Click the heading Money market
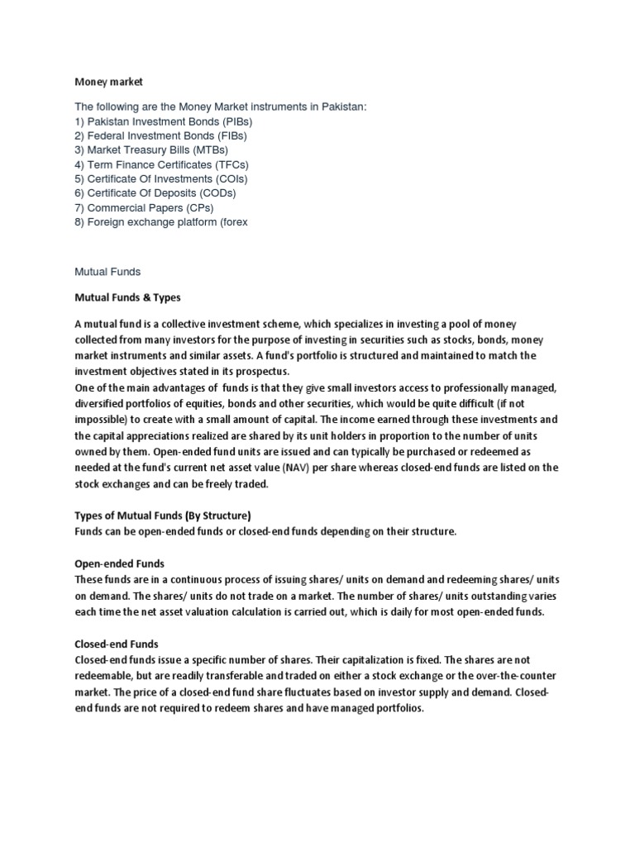109,82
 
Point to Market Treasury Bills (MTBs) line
151,150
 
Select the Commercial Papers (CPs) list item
146,207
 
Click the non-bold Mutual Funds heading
107,270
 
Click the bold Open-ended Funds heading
119,564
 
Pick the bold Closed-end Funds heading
117,644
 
